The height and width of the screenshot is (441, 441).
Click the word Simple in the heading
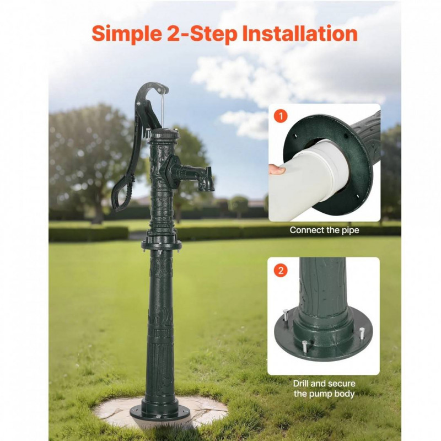pyautogui.click(x=127, y=34)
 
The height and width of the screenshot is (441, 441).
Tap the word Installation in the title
pyautogui.click(x=299, y=33)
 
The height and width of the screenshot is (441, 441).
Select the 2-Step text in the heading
pyautogui.click(x=202, y=34)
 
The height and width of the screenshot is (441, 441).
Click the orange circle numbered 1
pyautogui.click(x=281, y=116)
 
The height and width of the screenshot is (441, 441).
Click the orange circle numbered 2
pyautogui.click(x=281, y=270)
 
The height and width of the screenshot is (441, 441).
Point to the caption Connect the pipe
pyautogui.click(x=324, y=230)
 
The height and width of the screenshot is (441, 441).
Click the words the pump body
pyautogui.click(x=324, y=394)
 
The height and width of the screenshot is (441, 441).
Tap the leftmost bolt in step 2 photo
pyautogui.click(x=286, y=317)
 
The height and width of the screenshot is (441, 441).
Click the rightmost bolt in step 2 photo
pyautogui.click(x=362, y=334)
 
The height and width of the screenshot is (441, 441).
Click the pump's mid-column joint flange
pyautogui.click(x=162, y=245)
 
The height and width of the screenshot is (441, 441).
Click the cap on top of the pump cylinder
pyautogui.click(x=164, y=134)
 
